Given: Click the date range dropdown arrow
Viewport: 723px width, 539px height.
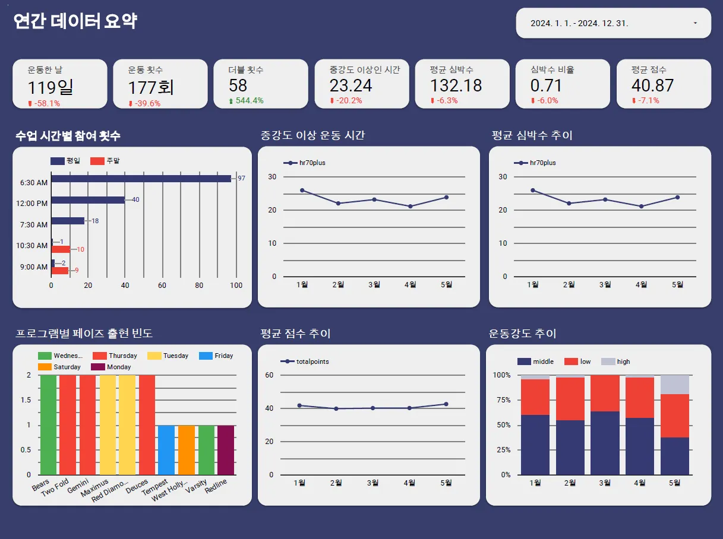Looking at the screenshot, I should point(695,23).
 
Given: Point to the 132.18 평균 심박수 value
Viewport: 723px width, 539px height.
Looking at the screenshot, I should point(456,85).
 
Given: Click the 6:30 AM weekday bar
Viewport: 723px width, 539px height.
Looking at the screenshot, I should point(141,178).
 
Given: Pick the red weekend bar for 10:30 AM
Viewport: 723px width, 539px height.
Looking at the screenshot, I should point(61,249).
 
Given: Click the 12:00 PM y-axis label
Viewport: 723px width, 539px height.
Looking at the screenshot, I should point(34,204).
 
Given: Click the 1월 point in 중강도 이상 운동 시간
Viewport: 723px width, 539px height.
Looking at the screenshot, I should point(302,191).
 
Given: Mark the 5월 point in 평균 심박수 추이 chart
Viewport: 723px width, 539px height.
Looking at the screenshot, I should point(677,197).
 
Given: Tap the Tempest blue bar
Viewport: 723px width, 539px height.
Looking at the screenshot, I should point(166,450).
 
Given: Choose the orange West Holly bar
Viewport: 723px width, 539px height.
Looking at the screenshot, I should point(187,450).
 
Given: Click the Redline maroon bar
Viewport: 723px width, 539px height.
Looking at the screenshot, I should point(226,450).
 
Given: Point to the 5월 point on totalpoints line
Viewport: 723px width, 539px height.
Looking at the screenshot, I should point(446,404).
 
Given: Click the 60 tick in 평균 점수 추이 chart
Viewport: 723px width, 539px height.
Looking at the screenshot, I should point(269,375).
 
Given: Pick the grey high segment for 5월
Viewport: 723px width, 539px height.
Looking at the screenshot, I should point(674,385).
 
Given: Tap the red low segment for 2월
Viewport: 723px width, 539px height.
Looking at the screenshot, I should point(570,399).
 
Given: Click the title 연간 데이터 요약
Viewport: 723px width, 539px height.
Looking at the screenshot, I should point(75,22).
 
